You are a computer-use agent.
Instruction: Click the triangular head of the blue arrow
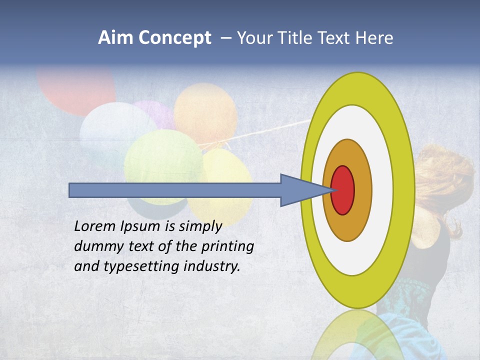300,190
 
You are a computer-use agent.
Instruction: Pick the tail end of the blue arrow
72,190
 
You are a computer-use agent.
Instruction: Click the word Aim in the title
116,38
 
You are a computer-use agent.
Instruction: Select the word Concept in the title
175,38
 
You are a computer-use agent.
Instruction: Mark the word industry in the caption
212,266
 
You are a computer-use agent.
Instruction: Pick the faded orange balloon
205,112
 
